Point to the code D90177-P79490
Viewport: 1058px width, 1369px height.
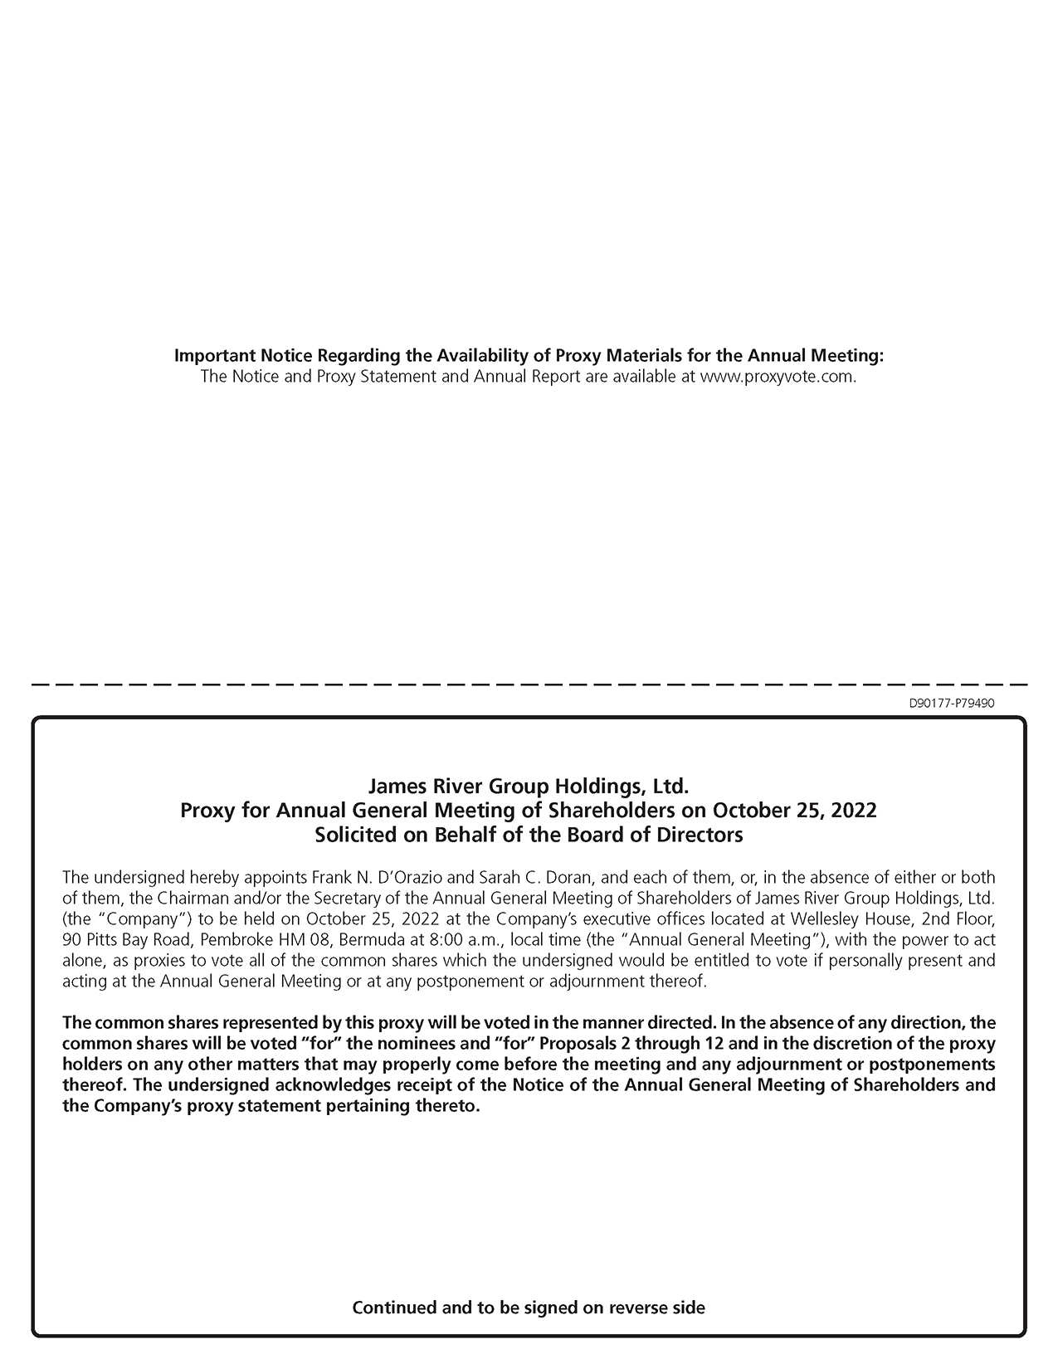point(952,704)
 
